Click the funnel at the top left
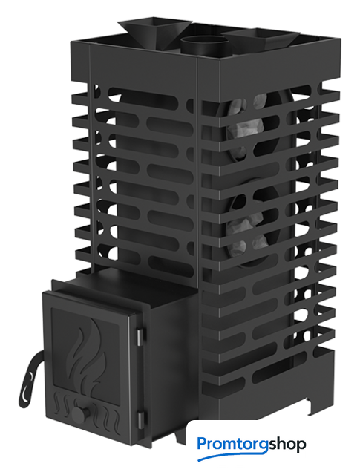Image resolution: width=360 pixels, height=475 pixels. [x=154, y=32]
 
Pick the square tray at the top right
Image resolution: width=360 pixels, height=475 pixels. [x=261, y=38]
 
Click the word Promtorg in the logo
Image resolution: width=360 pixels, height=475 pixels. [x=232, y=445]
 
